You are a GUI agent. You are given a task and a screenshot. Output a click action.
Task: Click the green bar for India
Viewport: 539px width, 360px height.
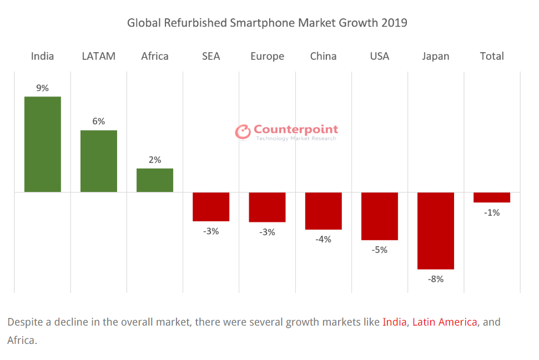pyautogui.click(x=42, y=144)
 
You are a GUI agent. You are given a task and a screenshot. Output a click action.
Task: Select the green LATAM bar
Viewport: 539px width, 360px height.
pyautogui.click(x=99, y=161)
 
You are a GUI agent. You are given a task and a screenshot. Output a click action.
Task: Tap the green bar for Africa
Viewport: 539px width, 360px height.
pyautogui.click(x=155, y=180)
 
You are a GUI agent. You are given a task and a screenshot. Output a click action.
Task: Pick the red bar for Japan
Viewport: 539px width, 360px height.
pyautogui.click(x=436, y=231)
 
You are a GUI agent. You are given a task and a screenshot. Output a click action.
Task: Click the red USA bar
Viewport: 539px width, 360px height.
pyautogui.click(x=380, y=216)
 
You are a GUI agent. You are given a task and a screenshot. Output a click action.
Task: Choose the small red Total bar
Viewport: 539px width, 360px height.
pyautogui.click(x=492, y=197)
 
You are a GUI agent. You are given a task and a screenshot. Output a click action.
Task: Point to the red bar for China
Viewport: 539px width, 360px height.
pyautogui.click(x=323, y=211)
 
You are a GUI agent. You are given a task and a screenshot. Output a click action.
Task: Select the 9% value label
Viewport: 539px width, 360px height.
pyautogui.click(x=43, y=88)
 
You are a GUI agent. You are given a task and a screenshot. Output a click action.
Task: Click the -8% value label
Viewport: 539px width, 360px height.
pyautogui.click(x=436, y=279)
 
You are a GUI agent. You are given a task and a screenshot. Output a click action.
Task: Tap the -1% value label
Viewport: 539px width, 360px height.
pyautogui.click(x=492, y=212)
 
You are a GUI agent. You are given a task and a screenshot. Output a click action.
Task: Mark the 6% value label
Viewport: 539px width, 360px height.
pyautogui.click(x=99, y=121)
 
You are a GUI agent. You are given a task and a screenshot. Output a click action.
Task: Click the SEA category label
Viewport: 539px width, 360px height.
pyautogui.click(x=211, y=56)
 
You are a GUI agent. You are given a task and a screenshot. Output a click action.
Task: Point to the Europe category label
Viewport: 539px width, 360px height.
pyautogui.click(x=267, y=56)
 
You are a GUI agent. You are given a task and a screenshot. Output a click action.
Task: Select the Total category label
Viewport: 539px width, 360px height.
pyautogui.click(x=492, y=56)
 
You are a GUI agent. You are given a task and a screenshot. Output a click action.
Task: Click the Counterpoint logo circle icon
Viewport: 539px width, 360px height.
pyautogui.click(x=243, y=131)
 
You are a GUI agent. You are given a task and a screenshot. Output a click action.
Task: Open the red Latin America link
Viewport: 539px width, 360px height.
pyautogui.click(x=445, y=322)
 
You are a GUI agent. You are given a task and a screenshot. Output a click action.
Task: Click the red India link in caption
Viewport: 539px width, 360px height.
pyautogui.click(x=395, y=322)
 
